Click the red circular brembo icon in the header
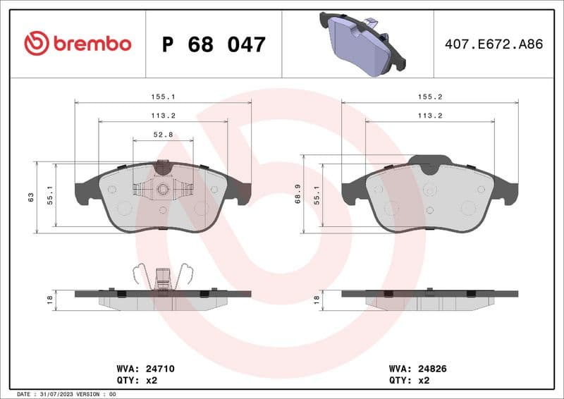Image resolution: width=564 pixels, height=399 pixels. [x=37, y=44]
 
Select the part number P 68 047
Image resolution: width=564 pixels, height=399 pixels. [x=214, y=44]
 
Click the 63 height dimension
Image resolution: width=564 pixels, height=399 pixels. [x=30, y=197]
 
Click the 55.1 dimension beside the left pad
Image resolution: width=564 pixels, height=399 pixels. [x=49, y=195]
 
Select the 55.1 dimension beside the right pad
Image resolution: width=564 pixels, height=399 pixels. [x=317, y=195]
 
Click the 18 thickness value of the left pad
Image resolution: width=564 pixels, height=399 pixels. [x=49, y=299]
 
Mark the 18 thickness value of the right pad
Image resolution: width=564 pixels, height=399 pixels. [x=317, y=299]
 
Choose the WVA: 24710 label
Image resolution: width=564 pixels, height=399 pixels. [x=145, y=369]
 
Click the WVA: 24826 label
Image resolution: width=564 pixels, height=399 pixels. [x=418, y=369]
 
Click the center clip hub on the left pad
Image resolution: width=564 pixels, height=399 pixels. [x=163, y=188]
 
